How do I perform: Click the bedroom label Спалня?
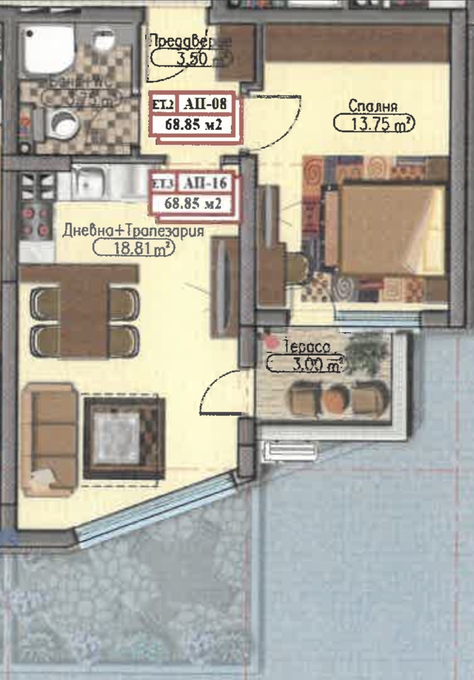373,106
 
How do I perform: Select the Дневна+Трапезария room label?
133,231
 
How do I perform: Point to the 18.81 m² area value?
133,248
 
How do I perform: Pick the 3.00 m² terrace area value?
305,364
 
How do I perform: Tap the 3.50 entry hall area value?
191,58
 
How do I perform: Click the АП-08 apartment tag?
205,103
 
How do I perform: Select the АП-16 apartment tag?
205,183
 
